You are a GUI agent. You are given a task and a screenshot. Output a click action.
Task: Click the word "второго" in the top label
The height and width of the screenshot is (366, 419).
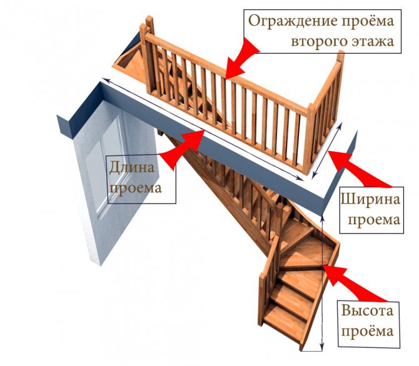click(320, 42)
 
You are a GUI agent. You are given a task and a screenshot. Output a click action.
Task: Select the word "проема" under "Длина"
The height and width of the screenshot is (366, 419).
click(133, 187)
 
